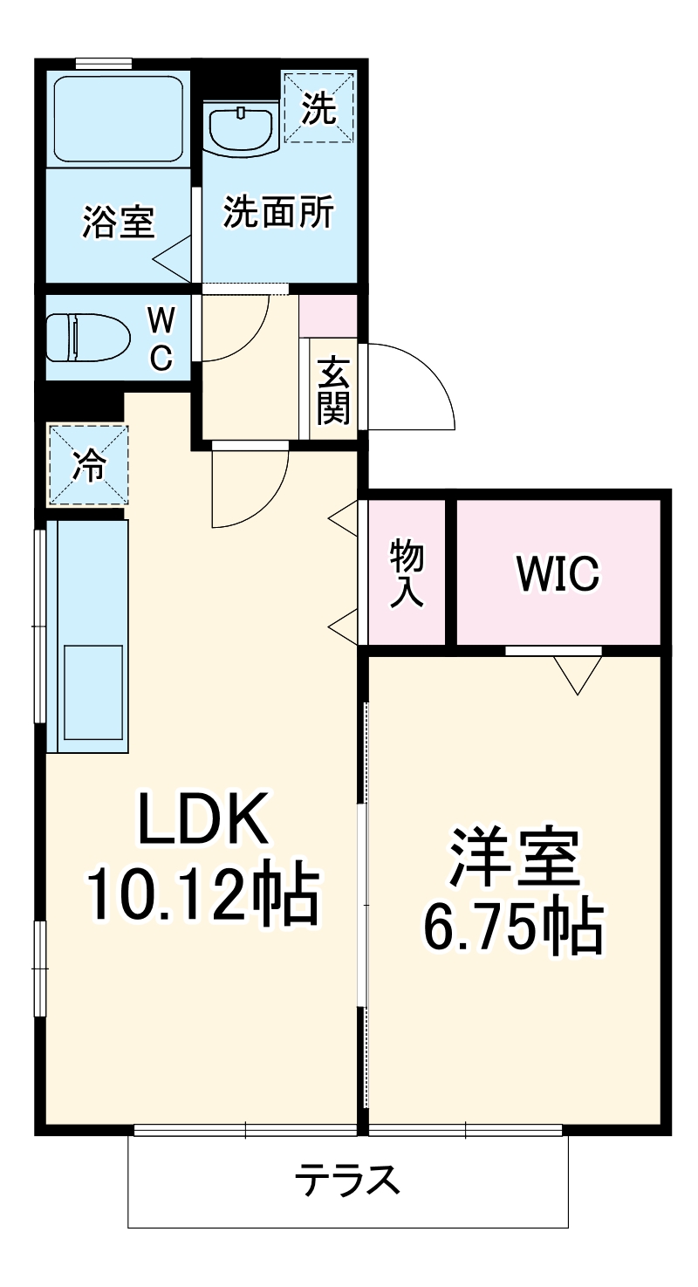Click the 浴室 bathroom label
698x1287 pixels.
tap(118, 221)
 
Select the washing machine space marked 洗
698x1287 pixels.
tap(318, 108)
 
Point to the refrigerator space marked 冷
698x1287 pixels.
tap(87, 466)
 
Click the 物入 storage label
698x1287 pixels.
tap(406, 572)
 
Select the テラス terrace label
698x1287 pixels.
tap(347, 1181)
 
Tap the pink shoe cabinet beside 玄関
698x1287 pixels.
tap(328, 316)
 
